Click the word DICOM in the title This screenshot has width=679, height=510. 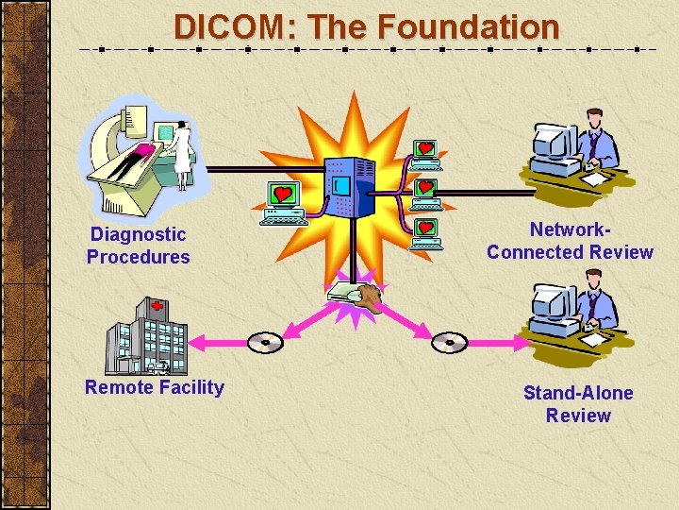tap(234, 26)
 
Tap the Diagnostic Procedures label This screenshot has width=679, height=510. tap(138, 246)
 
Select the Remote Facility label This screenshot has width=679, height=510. tap(155, 387)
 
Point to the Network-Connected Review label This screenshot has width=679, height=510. tap(570, 241)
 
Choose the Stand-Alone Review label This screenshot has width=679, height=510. tap(578, 404)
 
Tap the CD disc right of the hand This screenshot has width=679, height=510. tap(450, 341)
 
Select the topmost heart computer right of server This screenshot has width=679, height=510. tap(426, 152)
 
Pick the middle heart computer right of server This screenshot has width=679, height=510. tap(426, 192)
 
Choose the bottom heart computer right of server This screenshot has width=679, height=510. tap(426, 232)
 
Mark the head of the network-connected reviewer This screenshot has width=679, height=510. tap(595, 119)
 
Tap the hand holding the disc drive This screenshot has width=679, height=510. tap(371, 298)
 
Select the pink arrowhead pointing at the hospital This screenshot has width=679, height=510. tap(197, 341)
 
